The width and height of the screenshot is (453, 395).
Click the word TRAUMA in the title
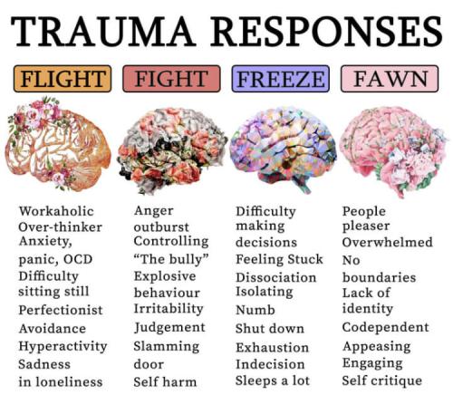101,32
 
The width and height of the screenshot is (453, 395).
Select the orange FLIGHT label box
63,79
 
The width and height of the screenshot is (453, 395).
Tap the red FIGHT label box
171,79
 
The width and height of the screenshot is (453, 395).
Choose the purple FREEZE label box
281,79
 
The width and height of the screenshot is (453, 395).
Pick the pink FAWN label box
390,79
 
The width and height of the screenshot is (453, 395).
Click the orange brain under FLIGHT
58,144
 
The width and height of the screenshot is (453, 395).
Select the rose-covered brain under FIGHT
172,150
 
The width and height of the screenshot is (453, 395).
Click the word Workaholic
56,211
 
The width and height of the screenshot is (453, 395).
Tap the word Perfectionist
61,310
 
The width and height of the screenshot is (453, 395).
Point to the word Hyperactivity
63,346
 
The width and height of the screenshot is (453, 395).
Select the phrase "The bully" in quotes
171,259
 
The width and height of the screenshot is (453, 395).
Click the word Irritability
169,309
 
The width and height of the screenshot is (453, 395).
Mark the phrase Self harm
165,381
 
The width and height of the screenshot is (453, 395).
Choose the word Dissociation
276,277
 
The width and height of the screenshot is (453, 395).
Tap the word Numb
255,310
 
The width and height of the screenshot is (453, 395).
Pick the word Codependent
386,327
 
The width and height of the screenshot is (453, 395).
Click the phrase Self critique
382,381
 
